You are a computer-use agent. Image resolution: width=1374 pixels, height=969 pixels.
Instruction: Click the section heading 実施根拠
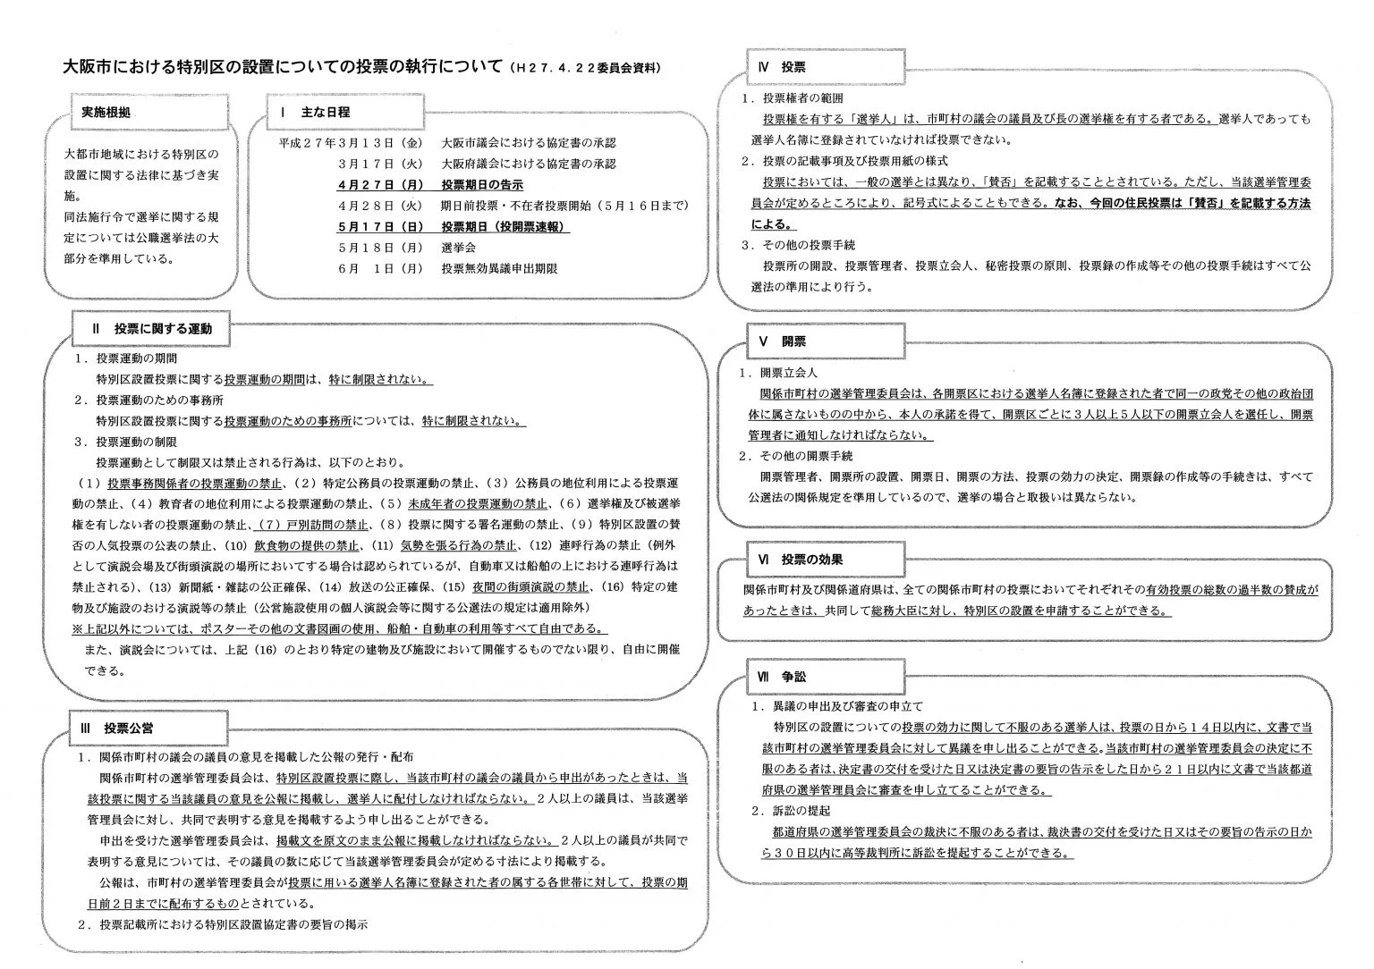(x=106, y=113)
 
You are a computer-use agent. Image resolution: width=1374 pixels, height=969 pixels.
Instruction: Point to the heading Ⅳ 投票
(x=781, y=67)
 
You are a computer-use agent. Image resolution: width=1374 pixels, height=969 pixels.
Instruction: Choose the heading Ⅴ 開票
(x=781, y=341)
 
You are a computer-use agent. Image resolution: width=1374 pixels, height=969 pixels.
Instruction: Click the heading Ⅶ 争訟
(x=781, y=678)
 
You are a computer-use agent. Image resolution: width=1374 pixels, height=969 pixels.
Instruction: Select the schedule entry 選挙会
(x=458, y=248)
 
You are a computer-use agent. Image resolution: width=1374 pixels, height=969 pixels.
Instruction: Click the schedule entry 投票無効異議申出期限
(x=499, y=268)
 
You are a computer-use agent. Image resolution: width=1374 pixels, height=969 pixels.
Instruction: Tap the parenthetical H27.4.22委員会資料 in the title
(x=586, y=68)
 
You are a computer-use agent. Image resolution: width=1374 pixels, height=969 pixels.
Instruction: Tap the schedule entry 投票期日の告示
(x=481, y=185)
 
